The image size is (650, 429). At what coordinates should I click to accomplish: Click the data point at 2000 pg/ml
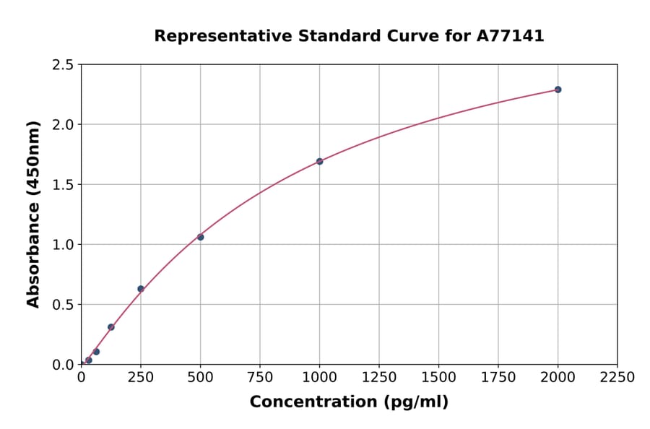558,90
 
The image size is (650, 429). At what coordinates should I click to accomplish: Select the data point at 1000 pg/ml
319,161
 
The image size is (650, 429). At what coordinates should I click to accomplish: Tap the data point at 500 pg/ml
200,237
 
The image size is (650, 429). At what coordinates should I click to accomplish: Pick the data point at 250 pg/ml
141,289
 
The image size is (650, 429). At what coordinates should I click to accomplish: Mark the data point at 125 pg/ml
111,327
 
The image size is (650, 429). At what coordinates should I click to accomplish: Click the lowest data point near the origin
89,360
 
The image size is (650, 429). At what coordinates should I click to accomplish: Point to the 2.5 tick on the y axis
63,65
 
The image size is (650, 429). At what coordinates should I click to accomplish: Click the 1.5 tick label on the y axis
63,185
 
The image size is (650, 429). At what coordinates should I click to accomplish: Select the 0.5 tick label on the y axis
63,305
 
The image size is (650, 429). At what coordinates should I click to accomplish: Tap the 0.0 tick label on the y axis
63,365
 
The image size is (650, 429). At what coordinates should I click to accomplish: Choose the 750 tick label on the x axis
260,378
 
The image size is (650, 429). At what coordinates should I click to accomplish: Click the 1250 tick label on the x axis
379,378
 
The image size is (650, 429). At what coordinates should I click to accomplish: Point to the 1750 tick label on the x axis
498,378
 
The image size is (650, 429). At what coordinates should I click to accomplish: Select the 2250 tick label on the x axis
617,378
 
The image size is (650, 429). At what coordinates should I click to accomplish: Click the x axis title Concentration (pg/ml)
349,402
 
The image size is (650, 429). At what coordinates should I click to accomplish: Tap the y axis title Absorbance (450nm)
33,214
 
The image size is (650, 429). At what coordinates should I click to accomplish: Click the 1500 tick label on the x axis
438,378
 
